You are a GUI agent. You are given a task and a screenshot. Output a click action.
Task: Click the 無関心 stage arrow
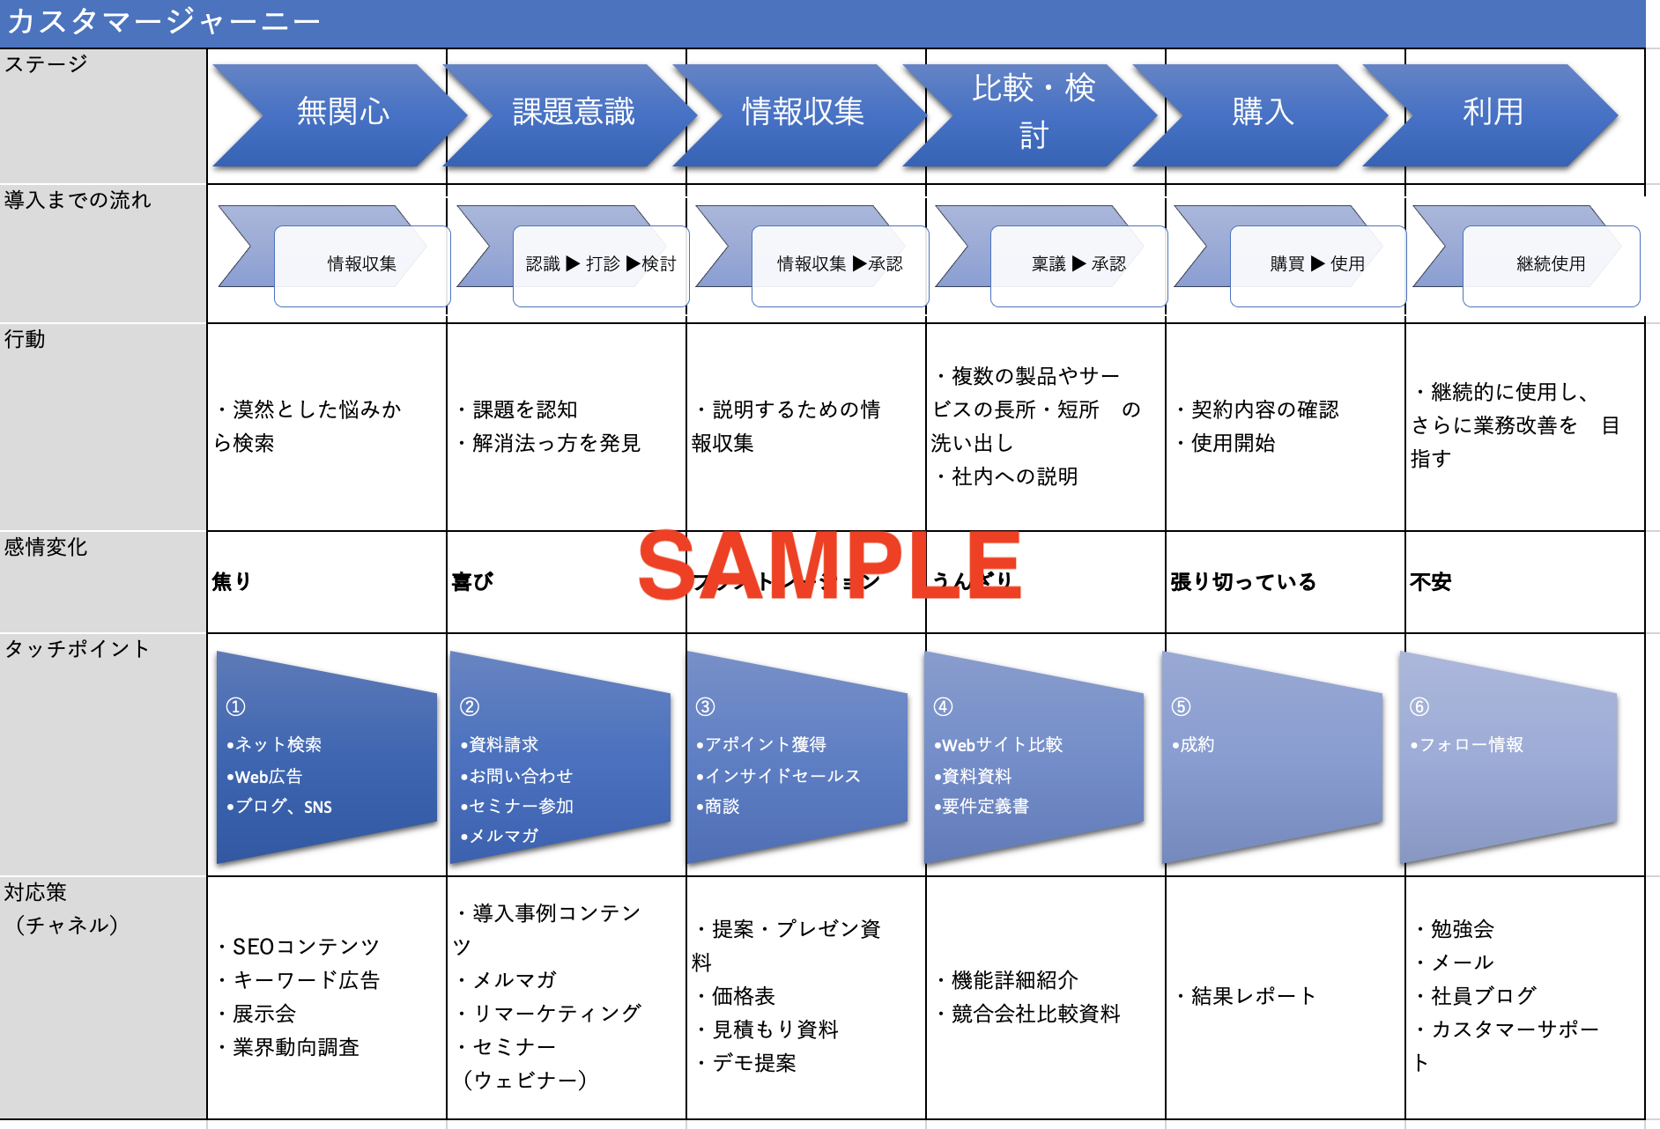[x=342, y=113]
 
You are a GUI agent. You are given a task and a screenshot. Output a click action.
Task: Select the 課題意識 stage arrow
[x=573, y=113]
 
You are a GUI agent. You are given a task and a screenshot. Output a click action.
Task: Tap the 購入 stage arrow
[x=1262, y=113]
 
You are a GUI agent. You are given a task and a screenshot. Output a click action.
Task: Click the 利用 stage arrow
[x=1492, y=113]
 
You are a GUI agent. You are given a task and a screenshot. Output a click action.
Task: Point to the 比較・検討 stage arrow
[x=1033, y=113]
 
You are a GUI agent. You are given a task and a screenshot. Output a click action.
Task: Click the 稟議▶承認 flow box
[x=1078, y=264]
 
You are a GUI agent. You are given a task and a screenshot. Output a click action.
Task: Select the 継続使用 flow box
[x=1550, y=264]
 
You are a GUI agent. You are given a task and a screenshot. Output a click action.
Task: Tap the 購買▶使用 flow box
[x=1316, y=264]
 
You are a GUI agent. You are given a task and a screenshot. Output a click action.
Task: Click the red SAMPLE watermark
[x=828, y=566]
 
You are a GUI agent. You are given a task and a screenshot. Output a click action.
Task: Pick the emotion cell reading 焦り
[x=232, y=581]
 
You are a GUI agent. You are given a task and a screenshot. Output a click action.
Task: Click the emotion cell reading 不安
[x=1430, y=582]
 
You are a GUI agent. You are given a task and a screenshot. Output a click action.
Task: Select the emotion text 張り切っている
[x=1242, y=582]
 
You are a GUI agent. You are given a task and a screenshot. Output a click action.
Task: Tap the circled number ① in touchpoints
[x=235, y=706]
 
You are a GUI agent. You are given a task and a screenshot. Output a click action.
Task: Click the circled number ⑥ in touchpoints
[x=1419, y=706]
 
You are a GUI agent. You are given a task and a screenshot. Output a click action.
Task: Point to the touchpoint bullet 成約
[x=1193, y=745]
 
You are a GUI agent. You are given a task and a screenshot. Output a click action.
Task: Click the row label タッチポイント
[x=78, y=649]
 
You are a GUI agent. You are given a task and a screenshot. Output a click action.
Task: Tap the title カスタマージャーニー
[x=163, y=21]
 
